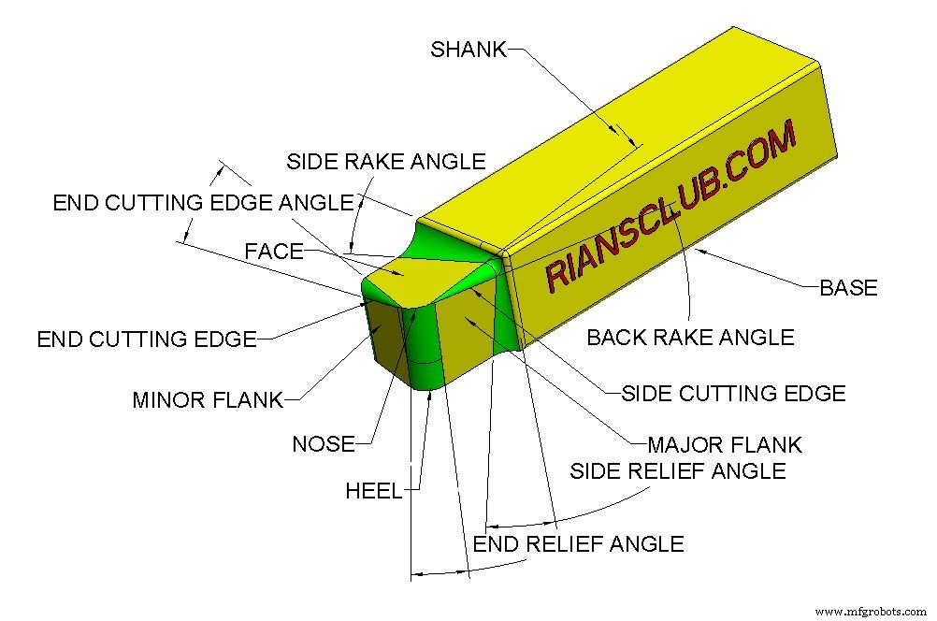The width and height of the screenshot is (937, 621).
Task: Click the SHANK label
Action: (x=468, y=50)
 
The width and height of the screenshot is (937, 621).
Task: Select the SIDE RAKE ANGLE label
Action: (x=385, y=161)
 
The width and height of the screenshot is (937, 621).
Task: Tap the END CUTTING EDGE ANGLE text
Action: (x=203, y=203)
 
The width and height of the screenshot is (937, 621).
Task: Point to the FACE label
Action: (x=274, y=251)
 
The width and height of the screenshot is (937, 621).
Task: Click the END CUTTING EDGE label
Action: (x=147, y=339)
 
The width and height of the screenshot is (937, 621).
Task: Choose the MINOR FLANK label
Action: (x=208, y=400)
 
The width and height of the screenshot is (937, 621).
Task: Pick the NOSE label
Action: (x=324, y=443)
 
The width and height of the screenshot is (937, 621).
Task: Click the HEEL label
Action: (x=373, y=491)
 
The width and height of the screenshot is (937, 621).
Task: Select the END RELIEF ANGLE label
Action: (x=578, y=543)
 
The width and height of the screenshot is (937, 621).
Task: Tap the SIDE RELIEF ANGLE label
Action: (x=677, y=470)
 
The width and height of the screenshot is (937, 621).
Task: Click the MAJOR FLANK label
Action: (x=725, y=443)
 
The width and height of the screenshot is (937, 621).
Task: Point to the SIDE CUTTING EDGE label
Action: (x=733, y=394)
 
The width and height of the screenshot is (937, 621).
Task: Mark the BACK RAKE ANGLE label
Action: (x=690, y=337)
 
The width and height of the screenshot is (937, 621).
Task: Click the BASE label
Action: (x=848, y=288)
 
